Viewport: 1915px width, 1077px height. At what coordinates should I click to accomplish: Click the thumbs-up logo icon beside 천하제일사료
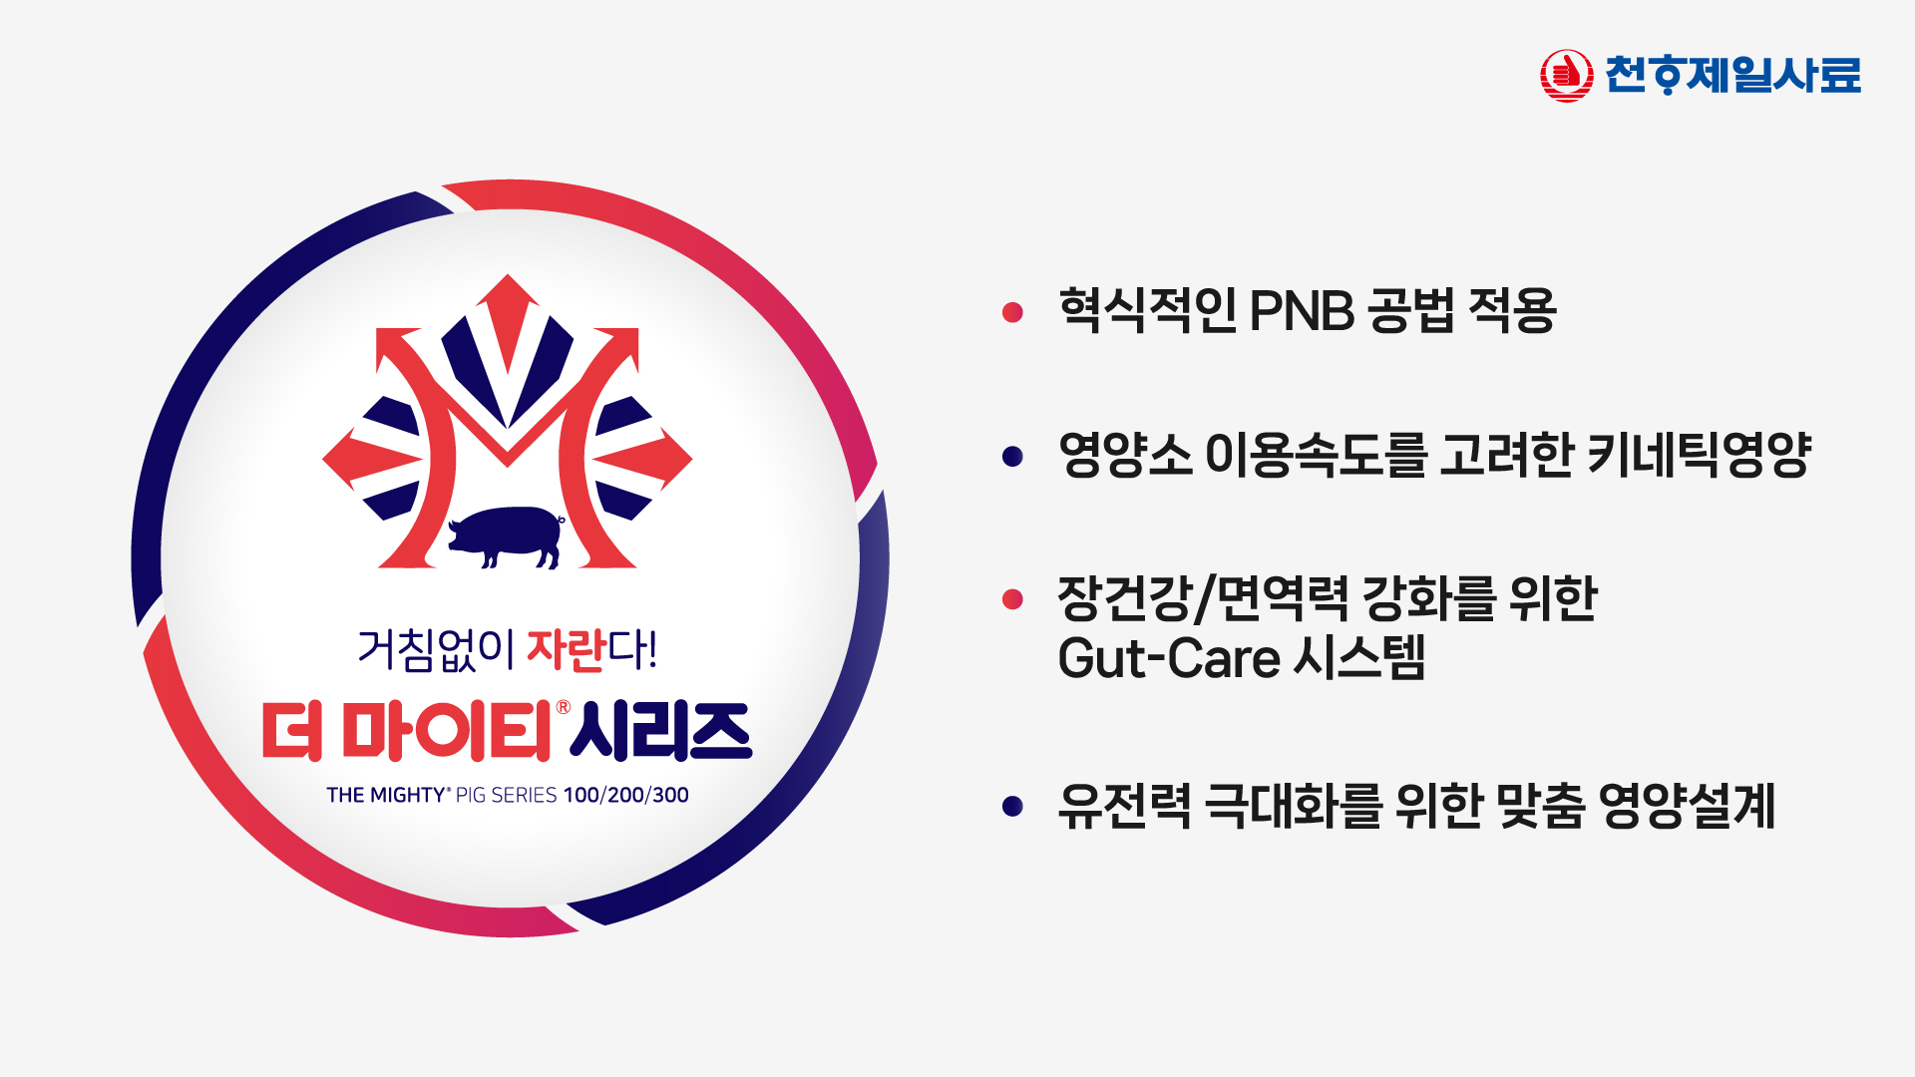(x=1566, y=76)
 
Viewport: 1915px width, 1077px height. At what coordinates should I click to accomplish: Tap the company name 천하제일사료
(x=1732, y=75)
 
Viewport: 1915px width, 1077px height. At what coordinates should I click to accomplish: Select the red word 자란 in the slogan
(x=567, y=649)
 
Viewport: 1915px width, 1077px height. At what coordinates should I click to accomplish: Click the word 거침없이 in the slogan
(x=436, y=649)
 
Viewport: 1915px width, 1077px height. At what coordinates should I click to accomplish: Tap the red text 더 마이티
(x=407, y=731)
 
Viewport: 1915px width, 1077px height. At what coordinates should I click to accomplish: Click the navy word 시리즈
(x=661, y=731)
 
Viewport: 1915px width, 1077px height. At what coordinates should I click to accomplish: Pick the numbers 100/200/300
(x=626, y=795)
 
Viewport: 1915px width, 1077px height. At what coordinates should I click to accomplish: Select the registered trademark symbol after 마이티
(x=563, y=707)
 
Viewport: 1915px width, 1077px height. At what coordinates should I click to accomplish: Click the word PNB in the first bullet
(x=1302, y=311)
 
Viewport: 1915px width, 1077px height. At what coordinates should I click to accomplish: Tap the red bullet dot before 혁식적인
(x=1012, y=312)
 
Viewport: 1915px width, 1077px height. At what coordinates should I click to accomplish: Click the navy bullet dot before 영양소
(x=1012, y=456)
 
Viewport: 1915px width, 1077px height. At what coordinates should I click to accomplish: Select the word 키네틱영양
(x=1699, y=455)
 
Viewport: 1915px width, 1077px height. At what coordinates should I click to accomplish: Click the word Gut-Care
(x=1169, y=658)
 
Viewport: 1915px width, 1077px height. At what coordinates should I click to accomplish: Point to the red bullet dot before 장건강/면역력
(x=1012, y=598)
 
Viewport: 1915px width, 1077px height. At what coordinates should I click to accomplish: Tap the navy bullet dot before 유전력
(x=1012, y=806)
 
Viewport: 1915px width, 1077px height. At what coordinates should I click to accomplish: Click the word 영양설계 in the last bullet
(x=1687, y=806)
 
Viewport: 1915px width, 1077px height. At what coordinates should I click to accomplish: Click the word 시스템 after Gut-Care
(x=1359, y=658)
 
